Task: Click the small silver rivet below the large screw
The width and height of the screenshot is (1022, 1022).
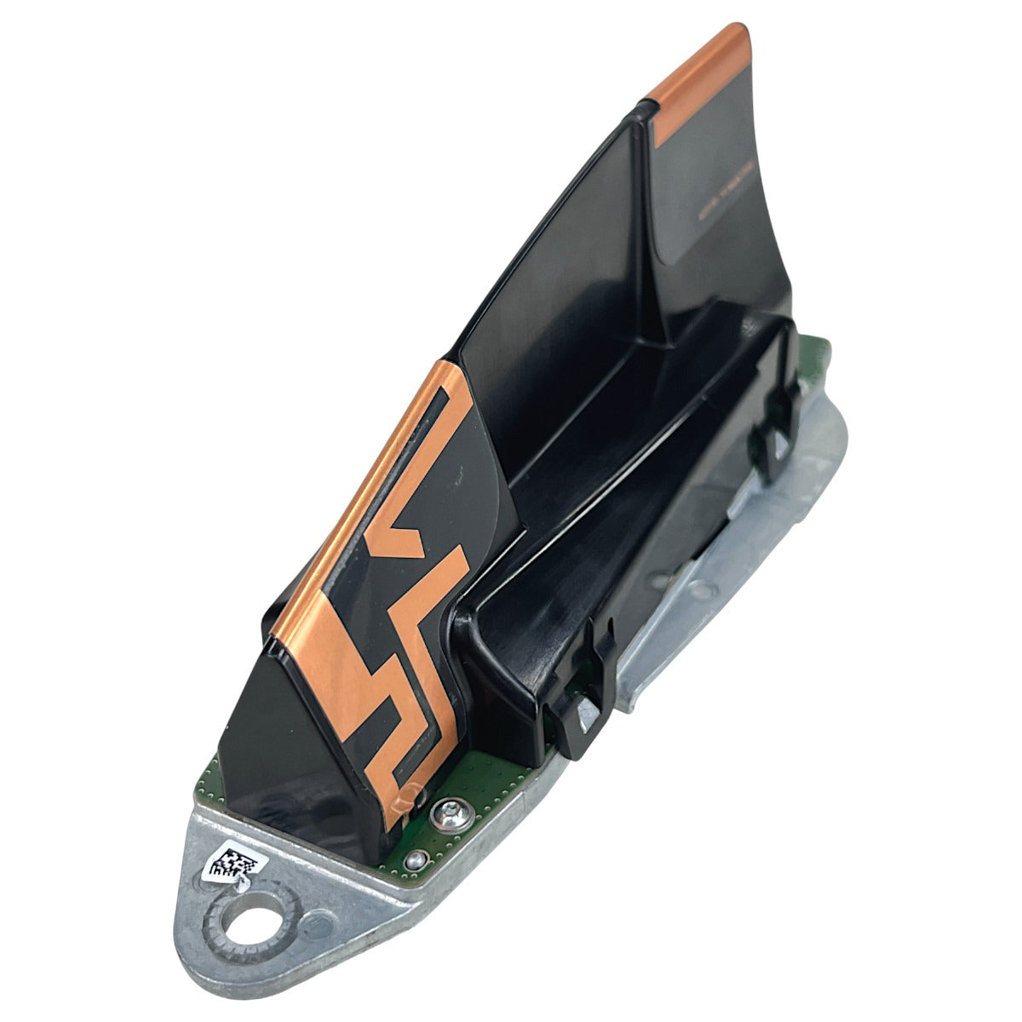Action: pyautogui.click(x=415, y=860)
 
